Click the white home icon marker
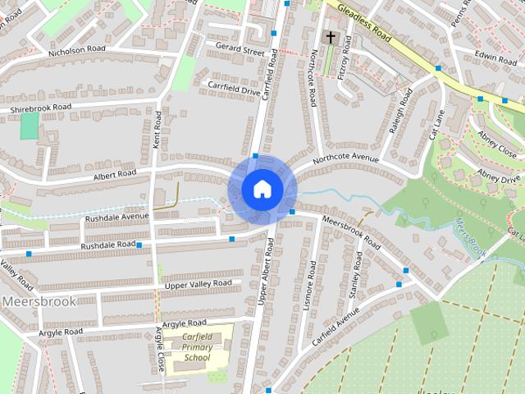pyautogui.click(x=262, y=189)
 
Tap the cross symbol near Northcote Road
pyautogui.click(x=331, y=38)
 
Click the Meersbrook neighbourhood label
pyautogui.click(x=39, y=301)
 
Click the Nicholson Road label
pyautogui.click(x=77, y=50)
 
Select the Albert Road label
pyautogui.click(x=115, y=174)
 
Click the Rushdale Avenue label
pyautogui.click(x=117, y=217)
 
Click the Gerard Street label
pyautogui.click(x=240, y=51)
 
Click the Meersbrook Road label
pyautogui.click(x=353, y=232)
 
